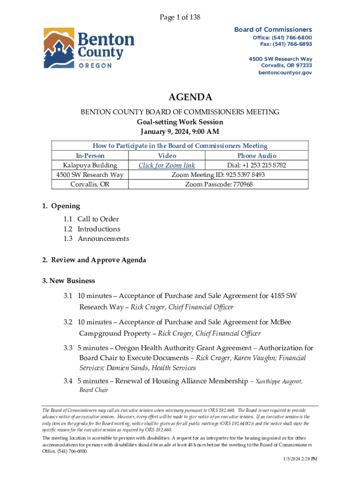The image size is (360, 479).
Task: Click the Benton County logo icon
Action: pyautogui.click(x=58, y=48)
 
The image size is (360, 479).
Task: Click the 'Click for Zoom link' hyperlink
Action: pyautogui.click(x=167, y=165)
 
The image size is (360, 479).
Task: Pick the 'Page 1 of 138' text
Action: pyautogui.click(x=180, y=17)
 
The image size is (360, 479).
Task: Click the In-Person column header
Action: pyautogui.click(x=90, y=155)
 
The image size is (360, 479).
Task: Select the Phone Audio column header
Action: pyautogui.click(x=257, y=155)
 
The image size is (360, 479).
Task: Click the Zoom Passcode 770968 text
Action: pyautogui.click(x=219, y=184)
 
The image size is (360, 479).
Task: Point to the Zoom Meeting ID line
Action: pyautogui.click(x=219, y=175)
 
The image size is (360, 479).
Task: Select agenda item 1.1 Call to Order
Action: pyautogui.click(x=91, y=219)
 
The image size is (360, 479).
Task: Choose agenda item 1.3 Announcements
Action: pyautogui.click(x=96, y=239)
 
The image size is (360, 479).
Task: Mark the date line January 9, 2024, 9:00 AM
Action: pyautogui.click(x=180, y=131)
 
